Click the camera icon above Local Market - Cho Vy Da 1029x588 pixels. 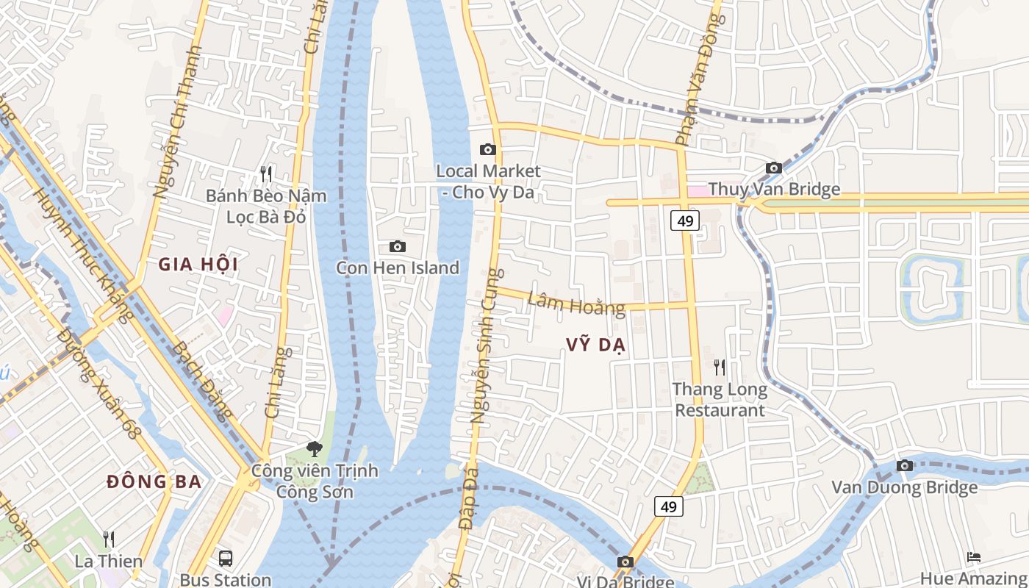[x=487, y=150]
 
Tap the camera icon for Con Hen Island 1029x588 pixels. [x=397, y=246]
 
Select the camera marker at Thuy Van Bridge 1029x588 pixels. [x=773, y=168]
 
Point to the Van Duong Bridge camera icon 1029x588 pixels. [x=905, y=466]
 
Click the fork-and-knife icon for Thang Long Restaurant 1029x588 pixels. [x=720, y=367]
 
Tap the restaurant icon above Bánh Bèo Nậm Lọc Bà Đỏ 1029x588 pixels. [x=266, y=174]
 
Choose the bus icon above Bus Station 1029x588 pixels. [x=226, y=558]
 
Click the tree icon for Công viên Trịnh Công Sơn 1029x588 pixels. [x=315, y=448]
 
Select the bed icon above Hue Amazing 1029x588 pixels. [x=974, y=557]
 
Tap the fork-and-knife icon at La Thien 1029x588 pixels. [x=109, y=539]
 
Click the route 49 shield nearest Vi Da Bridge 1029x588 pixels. [x=669, y=506]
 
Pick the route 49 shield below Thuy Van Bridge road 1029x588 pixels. [x=684, y=220]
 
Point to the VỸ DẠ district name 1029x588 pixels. [x=595, y=345]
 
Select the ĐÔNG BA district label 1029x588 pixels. [x=154, y=482]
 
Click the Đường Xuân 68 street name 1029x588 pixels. [x=98, y=384]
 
